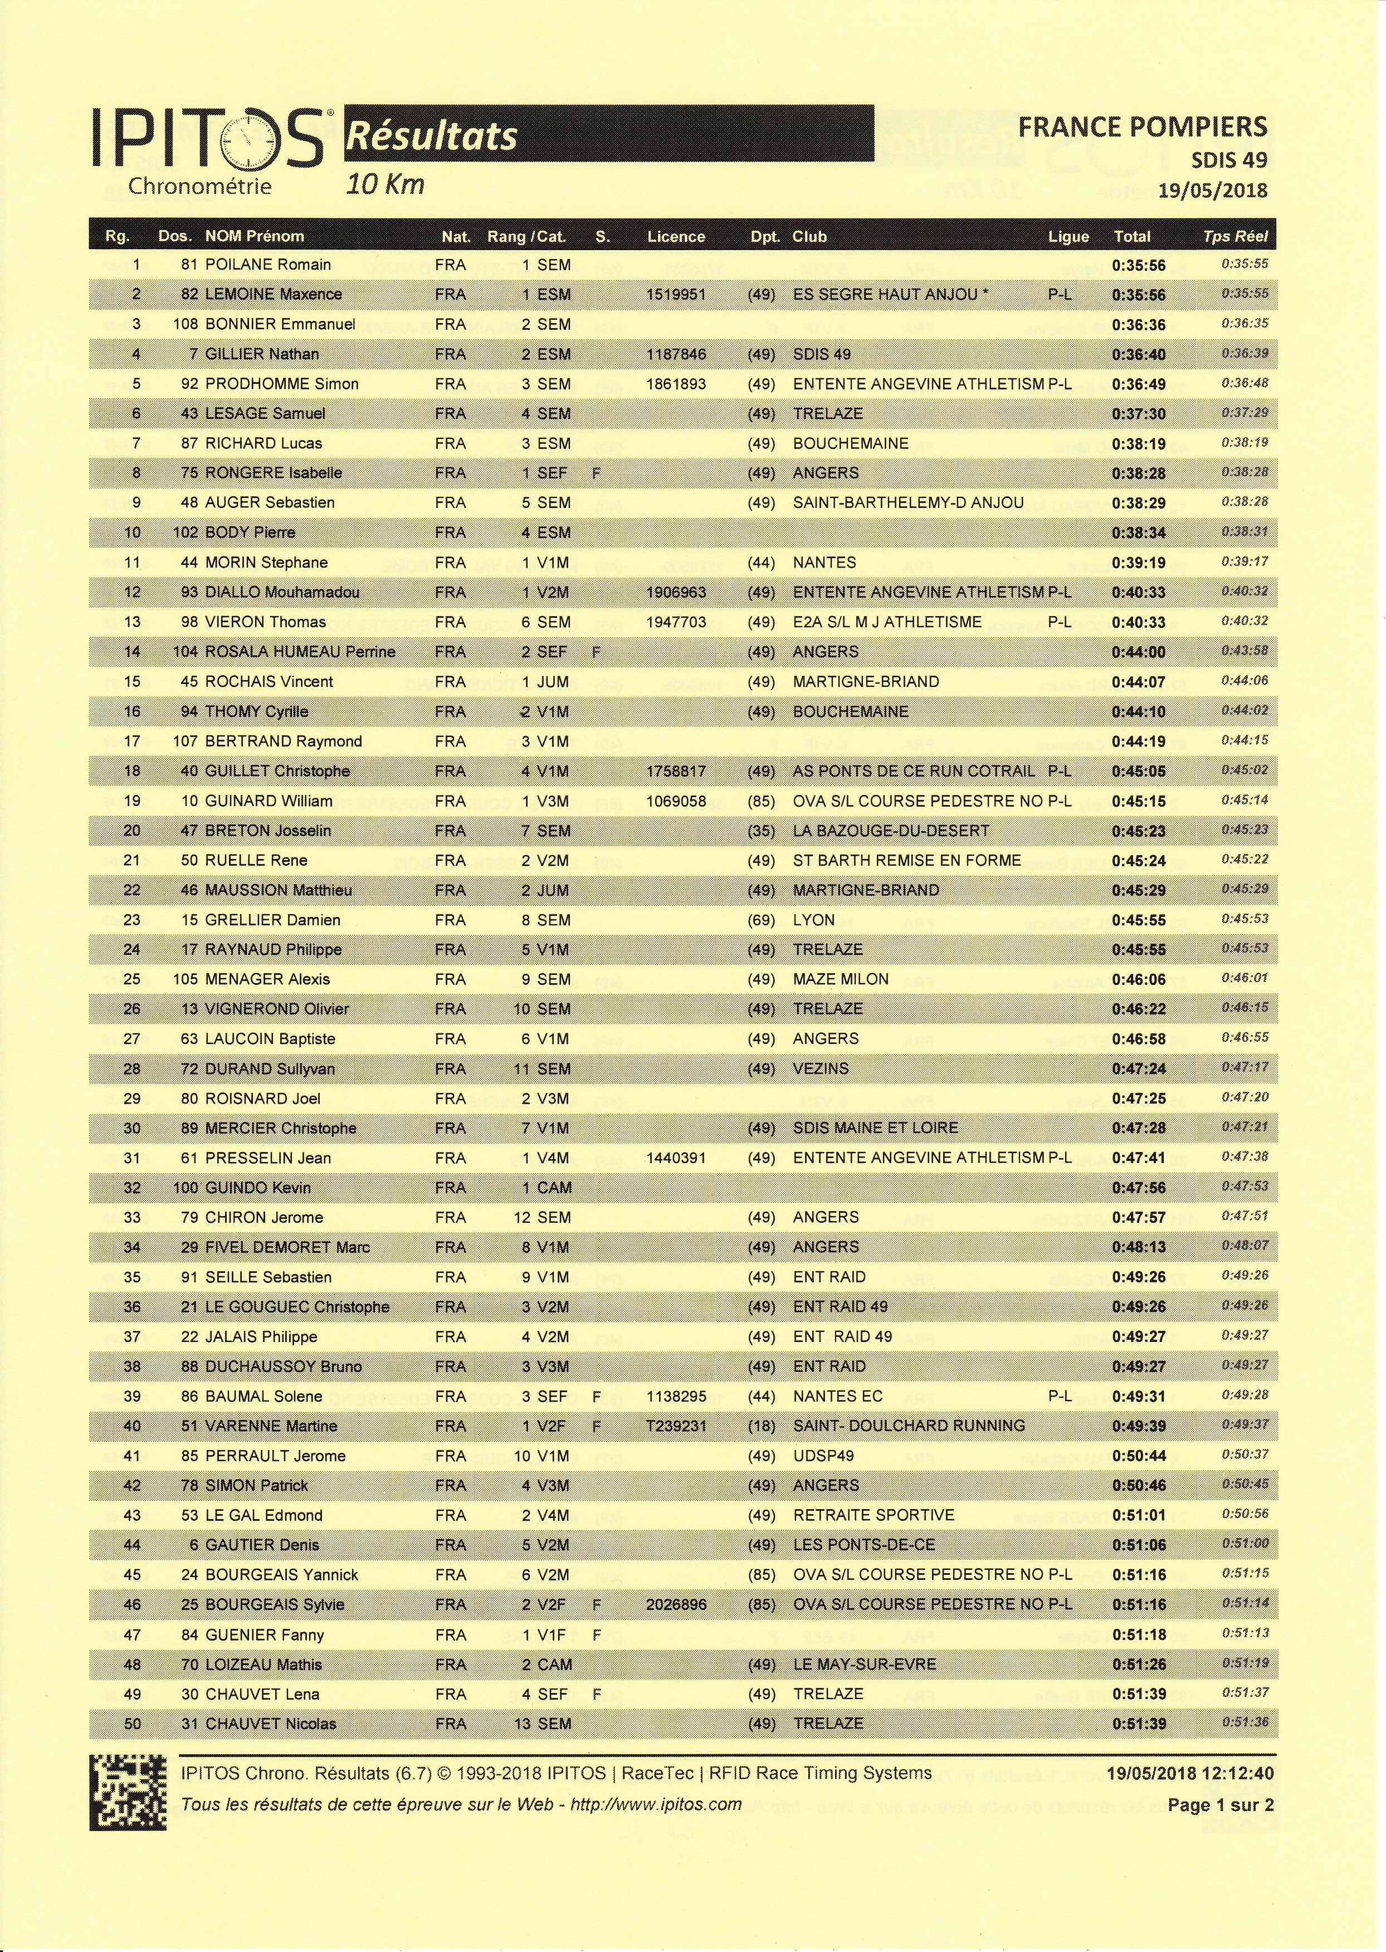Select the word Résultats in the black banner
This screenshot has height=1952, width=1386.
[x=432, y=135]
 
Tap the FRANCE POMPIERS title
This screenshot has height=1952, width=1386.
[x=1142, y=127]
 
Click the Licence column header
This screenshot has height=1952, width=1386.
[x=676, y=236]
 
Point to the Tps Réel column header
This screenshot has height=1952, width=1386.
[x=1235, y=236]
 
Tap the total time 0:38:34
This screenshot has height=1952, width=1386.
[x=1139, y=533]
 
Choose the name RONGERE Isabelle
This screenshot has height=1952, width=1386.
[x=273, y=473]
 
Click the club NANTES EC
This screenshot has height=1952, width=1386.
[x=837, y=1397]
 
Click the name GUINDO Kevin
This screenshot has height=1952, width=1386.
[x=258, y=1188]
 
